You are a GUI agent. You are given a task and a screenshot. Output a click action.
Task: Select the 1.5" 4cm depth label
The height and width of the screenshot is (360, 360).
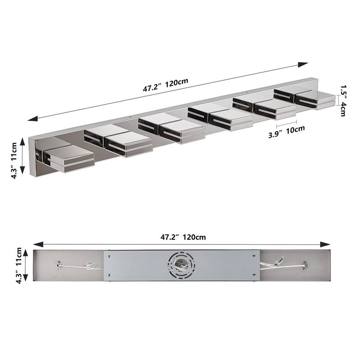pos(342,99)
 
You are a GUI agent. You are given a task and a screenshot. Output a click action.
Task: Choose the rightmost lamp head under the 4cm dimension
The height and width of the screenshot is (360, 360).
pos(315,100)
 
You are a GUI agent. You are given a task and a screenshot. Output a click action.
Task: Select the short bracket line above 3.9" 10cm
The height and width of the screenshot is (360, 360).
pos(287,121)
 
